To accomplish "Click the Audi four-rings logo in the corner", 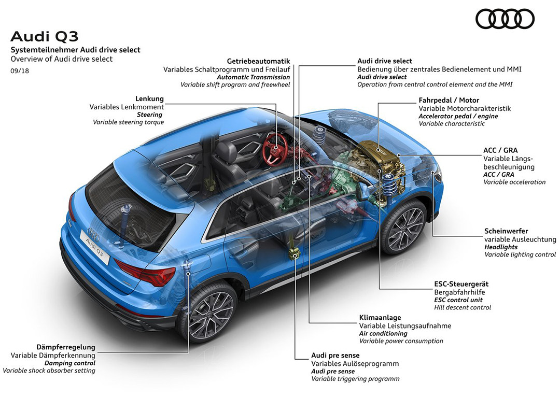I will [505, 19].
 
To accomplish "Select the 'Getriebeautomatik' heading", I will [258, 61].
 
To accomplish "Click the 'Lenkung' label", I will [149, 98].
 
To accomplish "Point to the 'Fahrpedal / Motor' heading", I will [449, 100].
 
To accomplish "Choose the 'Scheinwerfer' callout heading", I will [506, 231].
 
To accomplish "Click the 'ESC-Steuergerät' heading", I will [461, 284].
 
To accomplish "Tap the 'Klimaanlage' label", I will [380, 317].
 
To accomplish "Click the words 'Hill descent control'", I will [463, 307].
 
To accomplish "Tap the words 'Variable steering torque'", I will [128, 122].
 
